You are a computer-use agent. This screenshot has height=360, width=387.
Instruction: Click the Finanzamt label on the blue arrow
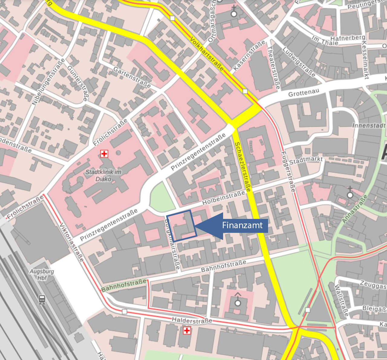(242, 225)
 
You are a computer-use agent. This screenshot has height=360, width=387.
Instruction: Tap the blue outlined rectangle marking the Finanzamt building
(182, 226)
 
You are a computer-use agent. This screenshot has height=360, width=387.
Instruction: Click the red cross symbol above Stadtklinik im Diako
(104, 154)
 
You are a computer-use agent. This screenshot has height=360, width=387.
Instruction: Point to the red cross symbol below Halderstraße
(187, 331)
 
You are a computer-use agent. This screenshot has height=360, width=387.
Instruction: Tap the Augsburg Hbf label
(42, 274)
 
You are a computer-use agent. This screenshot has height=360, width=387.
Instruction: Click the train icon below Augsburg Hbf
(42, 299)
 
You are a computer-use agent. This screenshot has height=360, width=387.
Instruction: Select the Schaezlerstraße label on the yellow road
(242, 167)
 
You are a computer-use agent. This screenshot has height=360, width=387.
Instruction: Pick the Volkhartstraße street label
(207, 54)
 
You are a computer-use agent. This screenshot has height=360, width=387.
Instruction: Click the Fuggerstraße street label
(288, 171)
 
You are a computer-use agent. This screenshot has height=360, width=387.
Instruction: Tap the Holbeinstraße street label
(223, 198)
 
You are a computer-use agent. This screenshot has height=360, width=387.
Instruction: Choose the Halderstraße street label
(192, 320)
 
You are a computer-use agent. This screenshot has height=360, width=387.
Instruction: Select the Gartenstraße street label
(132, 77)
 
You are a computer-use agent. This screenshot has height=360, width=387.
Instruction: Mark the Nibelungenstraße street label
(48, 82)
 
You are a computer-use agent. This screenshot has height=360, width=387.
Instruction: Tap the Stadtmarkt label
(306, 161)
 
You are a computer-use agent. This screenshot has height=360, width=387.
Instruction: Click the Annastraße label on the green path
(355, 209)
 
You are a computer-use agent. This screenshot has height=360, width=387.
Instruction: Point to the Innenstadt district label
(369, 125)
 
